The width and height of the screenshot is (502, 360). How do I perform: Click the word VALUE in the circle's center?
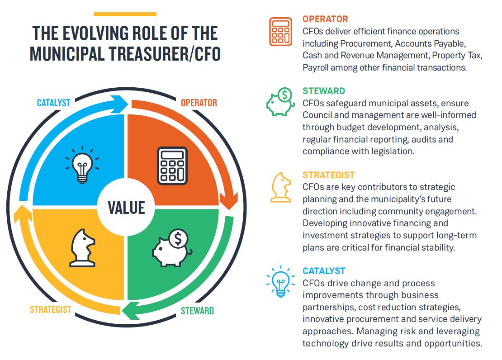tap(127, 208)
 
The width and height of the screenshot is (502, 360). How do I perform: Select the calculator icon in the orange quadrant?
tap(172, 166)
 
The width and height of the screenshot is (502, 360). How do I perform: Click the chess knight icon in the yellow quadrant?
tap(83, 248)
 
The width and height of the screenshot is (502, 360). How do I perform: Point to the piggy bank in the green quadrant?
tap(173, 248)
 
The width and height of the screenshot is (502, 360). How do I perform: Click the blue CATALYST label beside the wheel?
tap(53, 103)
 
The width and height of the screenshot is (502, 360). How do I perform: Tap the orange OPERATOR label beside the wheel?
tap(199, 103)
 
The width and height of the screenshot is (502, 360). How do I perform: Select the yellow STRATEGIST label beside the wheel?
tap(51, 309)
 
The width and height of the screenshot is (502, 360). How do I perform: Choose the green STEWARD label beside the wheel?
tap(197, 311)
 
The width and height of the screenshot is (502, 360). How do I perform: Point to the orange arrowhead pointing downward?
tap(229, 201)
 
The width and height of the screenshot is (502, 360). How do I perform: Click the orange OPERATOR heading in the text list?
tap(325, 19)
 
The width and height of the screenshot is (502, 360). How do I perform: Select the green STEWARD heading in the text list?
tap(324, 91)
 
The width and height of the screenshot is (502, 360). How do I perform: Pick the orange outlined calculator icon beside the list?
tap(280, 31)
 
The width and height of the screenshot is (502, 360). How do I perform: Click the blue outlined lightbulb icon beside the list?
tap(280, 281)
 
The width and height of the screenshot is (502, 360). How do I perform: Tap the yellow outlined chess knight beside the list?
tap(281, 187)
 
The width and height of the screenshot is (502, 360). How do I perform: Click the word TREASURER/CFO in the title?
tap(165, 53)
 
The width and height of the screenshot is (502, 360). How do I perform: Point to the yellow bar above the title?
tap(125, 14)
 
